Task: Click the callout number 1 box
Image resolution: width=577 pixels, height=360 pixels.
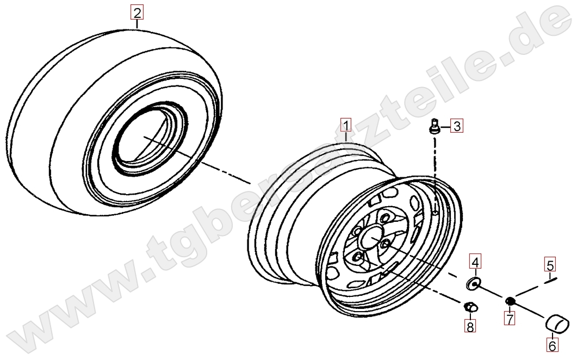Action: [x=346, y=125]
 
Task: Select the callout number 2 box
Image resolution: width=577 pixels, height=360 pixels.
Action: [x=137, y=13]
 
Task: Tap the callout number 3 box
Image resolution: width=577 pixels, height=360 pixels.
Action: [x=457, y=126]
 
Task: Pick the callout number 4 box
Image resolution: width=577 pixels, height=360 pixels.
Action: [x=475, y=262]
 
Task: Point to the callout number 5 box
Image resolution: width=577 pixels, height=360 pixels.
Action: [x=550, y=264]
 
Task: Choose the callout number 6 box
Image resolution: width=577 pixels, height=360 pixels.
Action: [x=552, y=346]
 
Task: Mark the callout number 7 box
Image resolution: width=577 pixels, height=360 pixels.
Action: [x=509, y=319]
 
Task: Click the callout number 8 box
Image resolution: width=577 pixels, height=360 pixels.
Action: [x=470, y=326]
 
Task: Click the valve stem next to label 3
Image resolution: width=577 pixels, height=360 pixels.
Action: [x=435, y=126]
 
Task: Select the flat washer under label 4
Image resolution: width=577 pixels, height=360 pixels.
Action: [x=473, y=284]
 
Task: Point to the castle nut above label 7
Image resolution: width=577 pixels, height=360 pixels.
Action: [x=510, y=301]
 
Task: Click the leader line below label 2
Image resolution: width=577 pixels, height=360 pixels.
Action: [x=137, y=24]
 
